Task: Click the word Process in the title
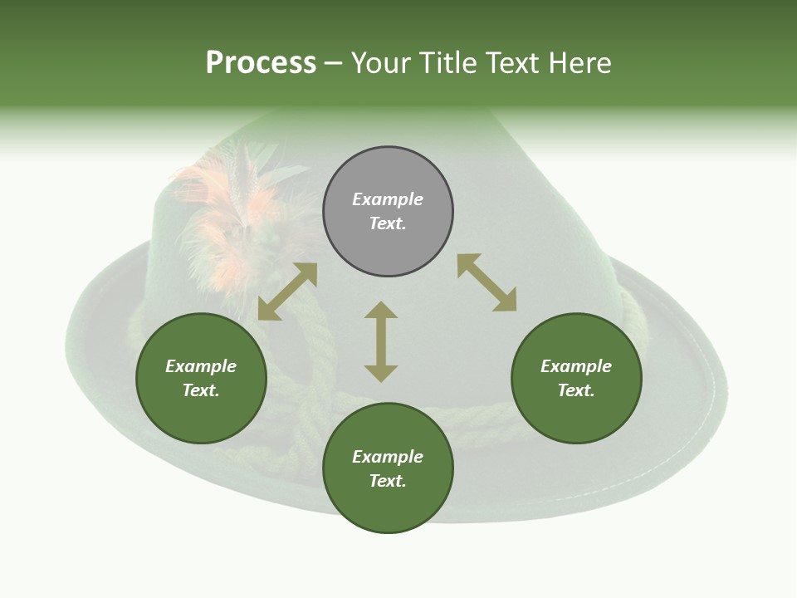click(261, 63)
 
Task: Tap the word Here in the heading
click(579, 63)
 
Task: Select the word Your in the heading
click(382, 63)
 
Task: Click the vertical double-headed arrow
click(381, 341)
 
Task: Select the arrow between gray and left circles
click(287, 292)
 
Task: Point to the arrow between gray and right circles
click(487, 282)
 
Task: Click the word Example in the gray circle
click(388, 199)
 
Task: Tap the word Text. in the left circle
click(201, 390)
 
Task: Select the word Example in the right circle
click(576, 366)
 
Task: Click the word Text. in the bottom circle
click(388, 481)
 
